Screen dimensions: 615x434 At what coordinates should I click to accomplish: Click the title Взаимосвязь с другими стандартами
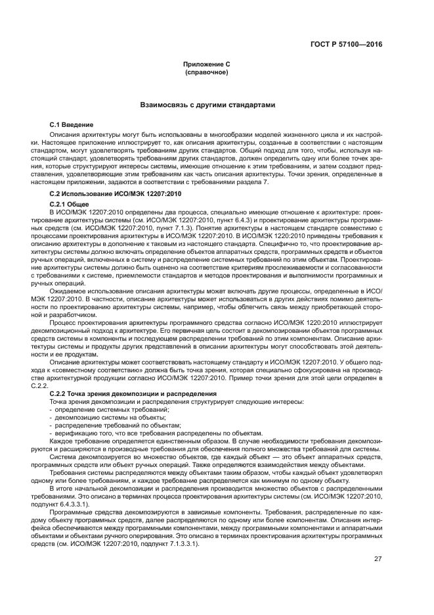tap(207, 105)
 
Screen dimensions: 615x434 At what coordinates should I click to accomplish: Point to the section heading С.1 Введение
tap(72, 125)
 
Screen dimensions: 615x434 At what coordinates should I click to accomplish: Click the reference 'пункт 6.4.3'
tap(227, 220)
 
